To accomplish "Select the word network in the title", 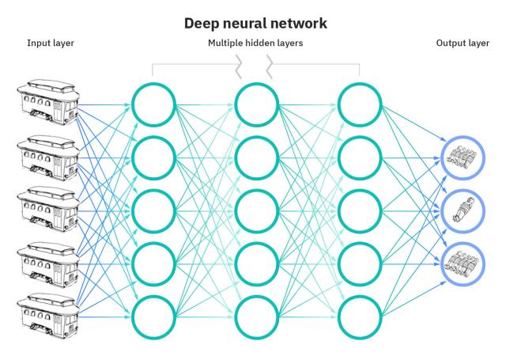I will [293, 24].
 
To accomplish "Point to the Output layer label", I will [463, 44].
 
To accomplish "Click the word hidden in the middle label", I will [256, 44].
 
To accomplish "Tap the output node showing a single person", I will [461, 209].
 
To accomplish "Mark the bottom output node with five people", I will [461, 261].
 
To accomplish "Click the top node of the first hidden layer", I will [153, 104].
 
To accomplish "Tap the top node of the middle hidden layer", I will [257, 104].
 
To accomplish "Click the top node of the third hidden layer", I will [360, 104].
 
